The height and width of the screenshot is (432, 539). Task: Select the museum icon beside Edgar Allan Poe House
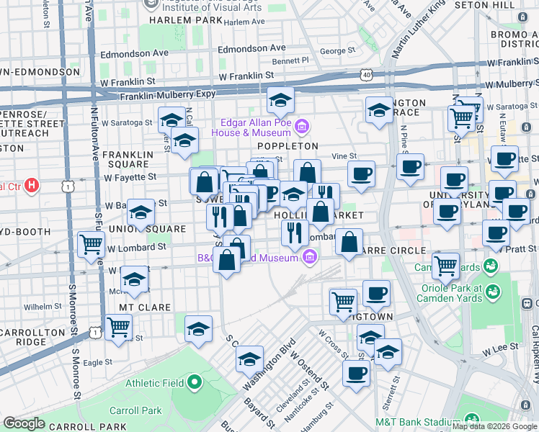click(302, 127)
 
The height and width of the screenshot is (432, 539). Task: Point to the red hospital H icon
click(31, 186)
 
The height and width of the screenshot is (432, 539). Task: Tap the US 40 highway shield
click(367, 74)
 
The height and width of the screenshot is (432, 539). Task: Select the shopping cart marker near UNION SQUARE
click(92, 244)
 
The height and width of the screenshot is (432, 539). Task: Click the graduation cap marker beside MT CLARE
click(134, 279)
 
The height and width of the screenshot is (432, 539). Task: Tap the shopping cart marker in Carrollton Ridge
click(118, 326)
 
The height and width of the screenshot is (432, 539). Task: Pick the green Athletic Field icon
click(194, 382)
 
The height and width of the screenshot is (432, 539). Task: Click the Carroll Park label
click(133, 410)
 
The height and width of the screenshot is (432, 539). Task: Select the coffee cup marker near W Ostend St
click(356, 373)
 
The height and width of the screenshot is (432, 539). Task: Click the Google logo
click(24, 423)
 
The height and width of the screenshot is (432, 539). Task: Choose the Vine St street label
click(344, 156)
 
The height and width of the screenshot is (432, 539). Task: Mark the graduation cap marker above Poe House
click(280, 100)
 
